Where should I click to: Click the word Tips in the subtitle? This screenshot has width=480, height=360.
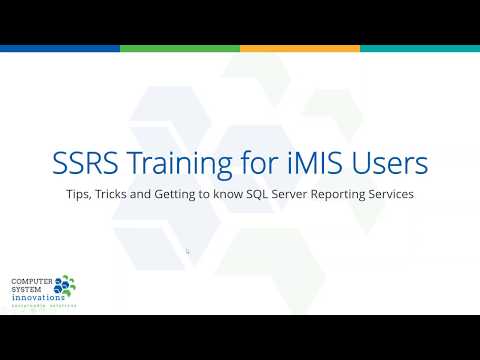(x=79, y=193)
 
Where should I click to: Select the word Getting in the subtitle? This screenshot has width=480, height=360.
(x=183, y=193)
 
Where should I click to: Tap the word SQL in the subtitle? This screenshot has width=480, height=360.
(x=275, y=193)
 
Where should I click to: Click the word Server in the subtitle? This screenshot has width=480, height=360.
(x=309, y=193)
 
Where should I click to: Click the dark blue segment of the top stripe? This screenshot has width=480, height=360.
(x=60, y=48)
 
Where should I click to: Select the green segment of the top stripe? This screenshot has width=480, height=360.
(x=180, y=48)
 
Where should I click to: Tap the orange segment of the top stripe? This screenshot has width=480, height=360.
(x=300, y=48)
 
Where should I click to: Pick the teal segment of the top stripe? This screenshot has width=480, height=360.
(x=420, y=48)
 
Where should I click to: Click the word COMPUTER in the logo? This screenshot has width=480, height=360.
(x=30, y=282)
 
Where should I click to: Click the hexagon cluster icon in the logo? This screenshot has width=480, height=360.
(x=66, y=287)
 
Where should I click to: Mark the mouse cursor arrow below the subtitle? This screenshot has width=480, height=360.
(x=188, y=252)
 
